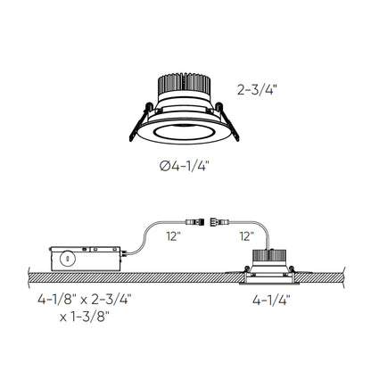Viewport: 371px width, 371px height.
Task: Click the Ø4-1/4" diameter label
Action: [185, 163]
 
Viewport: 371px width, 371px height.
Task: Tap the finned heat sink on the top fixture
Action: [185, 86]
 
